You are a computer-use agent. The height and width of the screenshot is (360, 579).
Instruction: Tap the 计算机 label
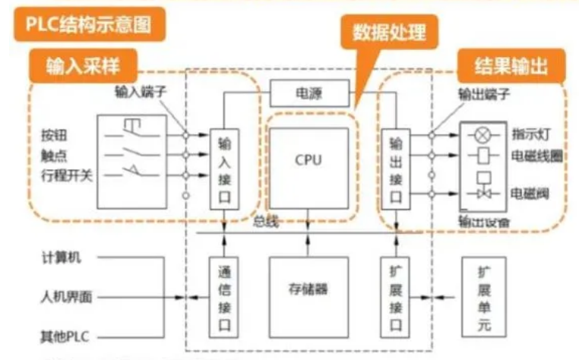pos(60,257)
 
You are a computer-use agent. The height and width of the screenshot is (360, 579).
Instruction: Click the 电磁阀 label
pos(530,192)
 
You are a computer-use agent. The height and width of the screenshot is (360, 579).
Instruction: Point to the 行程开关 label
pos(65,176)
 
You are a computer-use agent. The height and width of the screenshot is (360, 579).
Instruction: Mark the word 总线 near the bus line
pos(266,223)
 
